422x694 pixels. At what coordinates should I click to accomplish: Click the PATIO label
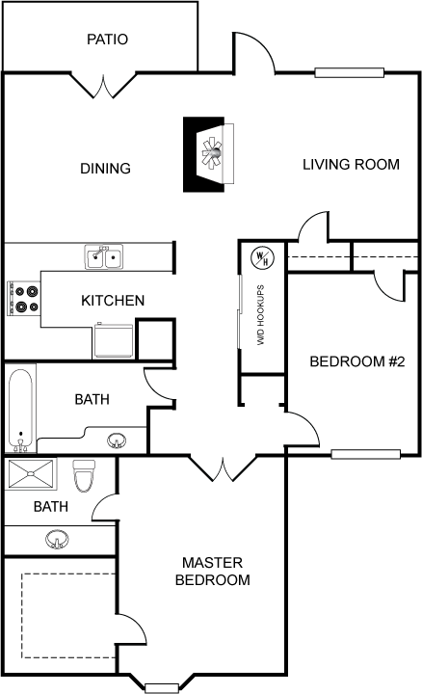108,40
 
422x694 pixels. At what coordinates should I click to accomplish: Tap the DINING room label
105,168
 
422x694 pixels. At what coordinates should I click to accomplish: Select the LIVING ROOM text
352,164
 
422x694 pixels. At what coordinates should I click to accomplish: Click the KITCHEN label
113,301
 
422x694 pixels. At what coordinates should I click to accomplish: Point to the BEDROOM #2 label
357,361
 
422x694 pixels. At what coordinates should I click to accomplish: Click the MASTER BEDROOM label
213,571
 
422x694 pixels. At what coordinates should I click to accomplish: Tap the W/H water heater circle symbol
262,257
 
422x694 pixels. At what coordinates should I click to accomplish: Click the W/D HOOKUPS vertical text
260,315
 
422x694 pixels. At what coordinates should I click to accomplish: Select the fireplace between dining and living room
208,154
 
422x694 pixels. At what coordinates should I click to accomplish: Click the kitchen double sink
104,256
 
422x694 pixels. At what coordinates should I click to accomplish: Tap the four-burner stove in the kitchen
24,299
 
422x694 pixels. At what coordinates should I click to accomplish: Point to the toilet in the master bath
84,476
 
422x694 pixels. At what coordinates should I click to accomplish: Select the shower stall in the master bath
31,474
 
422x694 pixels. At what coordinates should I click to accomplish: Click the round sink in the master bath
57,540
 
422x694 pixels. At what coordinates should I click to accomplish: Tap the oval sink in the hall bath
117,440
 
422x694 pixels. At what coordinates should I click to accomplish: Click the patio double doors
104,85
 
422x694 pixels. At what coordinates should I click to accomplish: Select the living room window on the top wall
350,72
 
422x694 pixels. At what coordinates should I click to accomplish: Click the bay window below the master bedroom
162,688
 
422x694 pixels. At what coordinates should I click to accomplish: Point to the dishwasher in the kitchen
114,341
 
